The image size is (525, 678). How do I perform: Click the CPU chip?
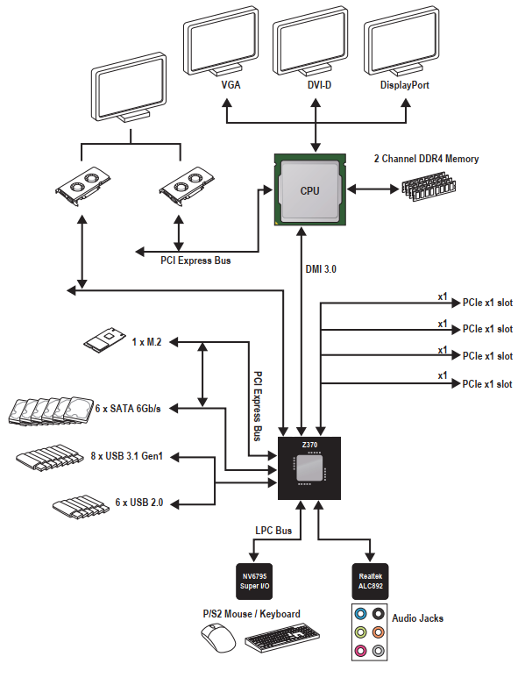(x=309, y=189)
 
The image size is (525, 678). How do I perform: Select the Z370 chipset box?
(x=309, y=468)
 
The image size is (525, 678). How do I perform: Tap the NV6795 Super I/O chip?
(x=254, y=582)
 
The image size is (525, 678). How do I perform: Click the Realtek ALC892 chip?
(x=371, y=582)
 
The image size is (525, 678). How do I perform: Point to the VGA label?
(x=231, y=85)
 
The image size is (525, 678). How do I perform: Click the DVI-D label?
(x=319, y=85)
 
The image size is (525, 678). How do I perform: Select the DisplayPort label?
(x=404, y=85)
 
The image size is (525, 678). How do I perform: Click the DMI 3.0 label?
(x=321, y=269)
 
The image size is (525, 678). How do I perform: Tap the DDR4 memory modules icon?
(x=429, y=186)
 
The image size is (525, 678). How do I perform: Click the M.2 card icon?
(x=104, y=339)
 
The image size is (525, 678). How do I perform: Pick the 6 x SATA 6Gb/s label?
(x=128, y=408)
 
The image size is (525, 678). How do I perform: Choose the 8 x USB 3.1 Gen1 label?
(x=126, y=456)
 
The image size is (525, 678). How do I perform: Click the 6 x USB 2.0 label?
(x=139, y=502)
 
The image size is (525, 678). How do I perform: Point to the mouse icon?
(x=218, y=638)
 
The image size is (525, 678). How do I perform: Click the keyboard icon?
(x=282, y=637)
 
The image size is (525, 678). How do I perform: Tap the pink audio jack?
(x=360, y=650)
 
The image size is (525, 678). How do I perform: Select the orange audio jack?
(x=379, y=632)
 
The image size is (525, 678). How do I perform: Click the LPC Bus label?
(x=273, y=531)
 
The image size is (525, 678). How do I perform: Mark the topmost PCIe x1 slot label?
(x=487, y=303)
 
